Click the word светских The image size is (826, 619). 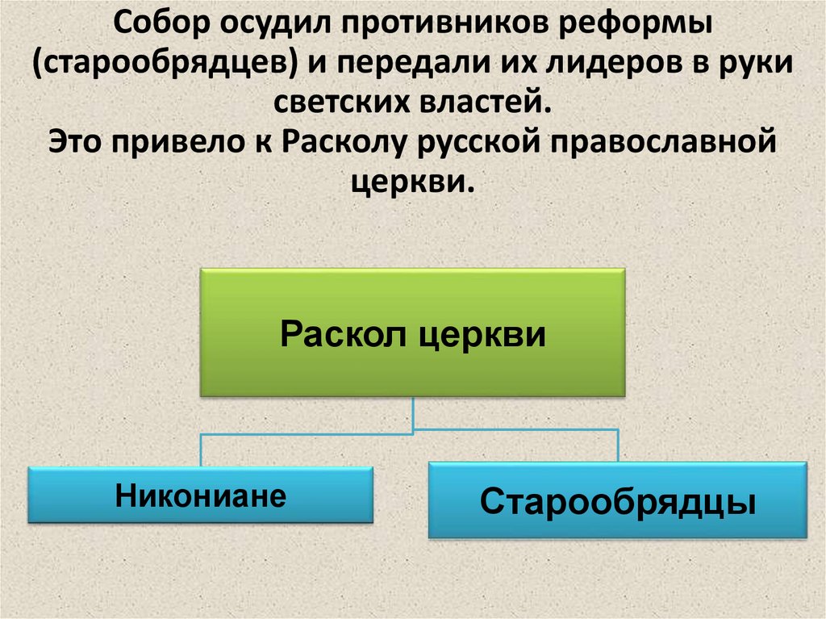click(339, 104)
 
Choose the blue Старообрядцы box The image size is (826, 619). click(617, 500)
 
